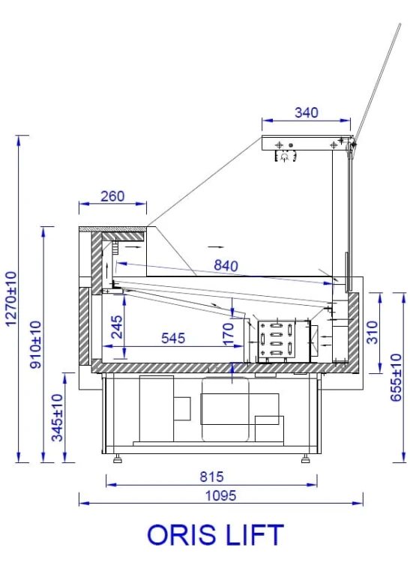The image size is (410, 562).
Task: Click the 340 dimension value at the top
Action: pyautogui.click(x=306, y=113)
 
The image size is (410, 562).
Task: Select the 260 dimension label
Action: pyautogui.click(x=112, y=196)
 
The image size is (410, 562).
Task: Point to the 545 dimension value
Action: pyautogui.click(x=172, y=339)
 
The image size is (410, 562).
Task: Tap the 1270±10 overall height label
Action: pyautogui.click(x=10, y=297)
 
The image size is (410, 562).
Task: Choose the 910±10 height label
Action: pyautogui.click(x=35, y=345)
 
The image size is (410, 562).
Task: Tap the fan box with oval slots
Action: pyautogui.click(x=283, y=341)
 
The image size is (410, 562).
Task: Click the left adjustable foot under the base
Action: pyautogui.click(x=117, y=457)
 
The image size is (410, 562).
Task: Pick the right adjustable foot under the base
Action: pyautogui.click(x=304, y=457)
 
